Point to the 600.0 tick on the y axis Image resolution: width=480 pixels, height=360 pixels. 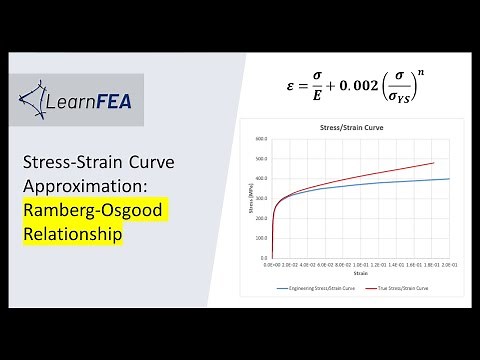tap(262, 139)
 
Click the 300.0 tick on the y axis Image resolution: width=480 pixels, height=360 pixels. tap(262, 198)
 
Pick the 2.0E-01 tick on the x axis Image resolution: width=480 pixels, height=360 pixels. tap(447, 265)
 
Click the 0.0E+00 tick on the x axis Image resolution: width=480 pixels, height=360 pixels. tap(272, 265)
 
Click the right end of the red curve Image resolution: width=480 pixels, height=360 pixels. tap(433, 162)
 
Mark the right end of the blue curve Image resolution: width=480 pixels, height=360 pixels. tap(449, 179)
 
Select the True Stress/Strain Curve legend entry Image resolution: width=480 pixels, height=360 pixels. tap(404, 287)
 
